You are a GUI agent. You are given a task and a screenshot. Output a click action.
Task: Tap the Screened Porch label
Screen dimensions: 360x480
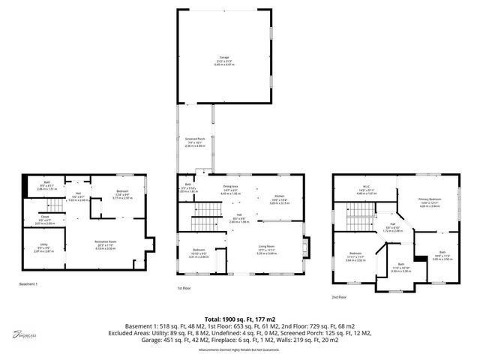[195, 141]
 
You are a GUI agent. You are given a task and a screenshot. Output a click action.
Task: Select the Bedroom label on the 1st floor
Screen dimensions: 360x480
[198, 253]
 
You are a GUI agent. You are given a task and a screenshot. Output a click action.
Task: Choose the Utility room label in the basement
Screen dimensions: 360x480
[43, 249]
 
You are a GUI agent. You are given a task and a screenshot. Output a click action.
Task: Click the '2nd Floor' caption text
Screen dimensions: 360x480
[343, 297]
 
